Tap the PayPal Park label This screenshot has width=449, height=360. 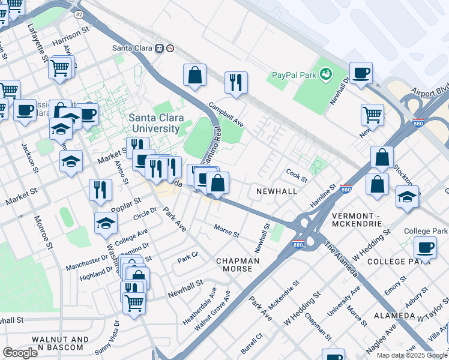292,75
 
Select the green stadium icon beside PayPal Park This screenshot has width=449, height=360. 326,74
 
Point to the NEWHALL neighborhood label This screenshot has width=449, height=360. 277,190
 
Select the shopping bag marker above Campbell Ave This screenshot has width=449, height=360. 194,76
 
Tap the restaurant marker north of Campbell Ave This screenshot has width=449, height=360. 236,83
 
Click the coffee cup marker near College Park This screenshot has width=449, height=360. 426,248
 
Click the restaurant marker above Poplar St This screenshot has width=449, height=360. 100,190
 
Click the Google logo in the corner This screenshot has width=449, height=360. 20,353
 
